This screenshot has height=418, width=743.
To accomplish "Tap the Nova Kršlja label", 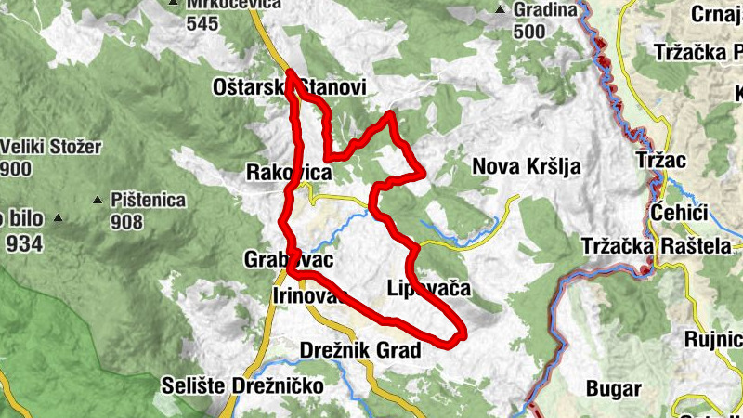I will pyautogui.click(x=527, y=167).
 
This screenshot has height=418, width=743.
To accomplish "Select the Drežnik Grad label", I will pyautogui.click(x=361, y=350).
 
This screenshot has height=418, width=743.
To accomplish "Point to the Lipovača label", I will pyautogui.click(x=427, y=290).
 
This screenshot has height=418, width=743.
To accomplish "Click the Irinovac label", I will pyautogui.click(x=309, y=295).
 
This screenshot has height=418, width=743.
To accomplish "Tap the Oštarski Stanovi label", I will pyautogui.click(x=290, y=86).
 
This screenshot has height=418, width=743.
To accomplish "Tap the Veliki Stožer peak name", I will pyautogui.click(x=51, y=147).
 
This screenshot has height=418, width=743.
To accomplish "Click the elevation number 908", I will pyautogui.click(x=126, y=221).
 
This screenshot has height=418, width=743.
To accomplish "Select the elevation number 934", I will pyautogui.click(x=24, y=243).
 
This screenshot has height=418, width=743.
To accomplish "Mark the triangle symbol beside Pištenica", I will pyautogui.click(x=98, y=200).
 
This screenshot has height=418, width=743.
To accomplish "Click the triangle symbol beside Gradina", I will pyautogui.click(x=501, y=10).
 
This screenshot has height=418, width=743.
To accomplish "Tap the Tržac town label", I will pyautogui.click(x=661, y=161).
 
